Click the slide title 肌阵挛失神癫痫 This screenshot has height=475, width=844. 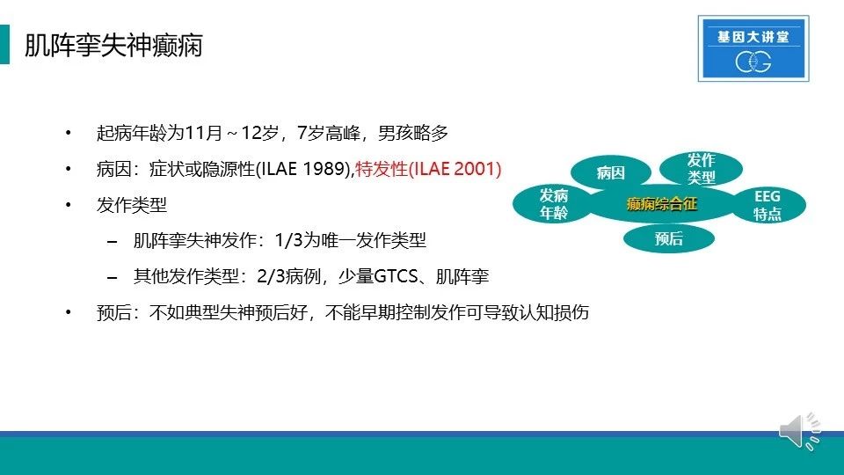click(x=113, y=45)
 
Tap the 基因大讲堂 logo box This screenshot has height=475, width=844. click(x=753, y=48)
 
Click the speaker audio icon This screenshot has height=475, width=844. click(x=800, y=431)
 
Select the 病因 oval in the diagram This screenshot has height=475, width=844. click(x=610, y=173)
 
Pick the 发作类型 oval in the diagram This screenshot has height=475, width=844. click(x=701, y=168)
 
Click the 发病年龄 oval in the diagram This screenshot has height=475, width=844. click(x=553, y=204)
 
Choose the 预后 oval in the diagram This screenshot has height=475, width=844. click(x=668, y=238)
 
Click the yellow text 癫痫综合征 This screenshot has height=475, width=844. click(x=661, y=204)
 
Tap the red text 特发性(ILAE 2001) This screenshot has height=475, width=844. click(x=428, y=169)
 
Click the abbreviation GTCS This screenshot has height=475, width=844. click(x=396, y=276)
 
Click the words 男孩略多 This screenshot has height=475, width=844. click(x=413, y=133)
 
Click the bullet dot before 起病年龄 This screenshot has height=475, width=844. click(x=69, y=133)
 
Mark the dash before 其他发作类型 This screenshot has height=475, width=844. click(x=112, y=278)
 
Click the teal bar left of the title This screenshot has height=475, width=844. click(x=5, y=45)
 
